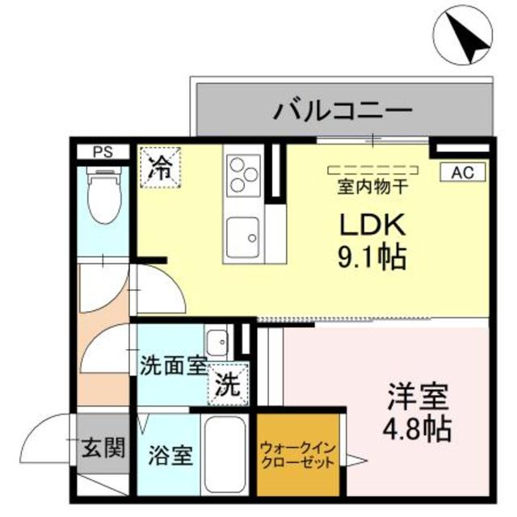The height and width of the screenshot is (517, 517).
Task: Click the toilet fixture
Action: [103, 196]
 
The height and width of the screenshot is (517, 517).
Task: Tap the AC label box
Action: [461, 171]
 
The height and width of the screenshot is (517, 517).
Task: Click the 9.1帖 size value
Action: [371, 258]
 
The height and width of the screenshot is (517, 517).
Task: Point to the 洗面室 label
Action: [174, 366]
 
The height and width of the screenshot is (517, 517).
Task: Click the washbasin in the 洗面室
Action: [216, 339]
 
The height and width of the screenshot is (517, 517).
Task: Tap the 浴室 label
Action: [170, 455]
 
